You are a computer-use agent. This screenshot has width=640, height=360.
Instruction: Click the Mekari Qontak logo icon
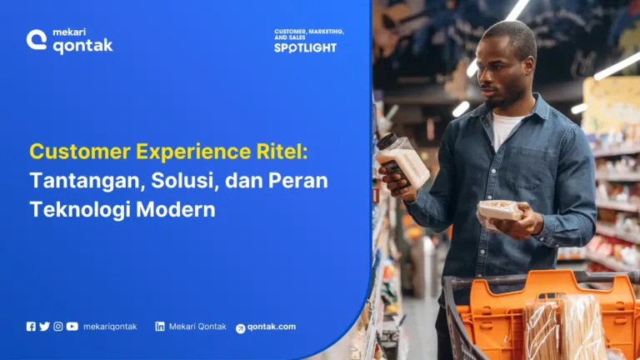[x=37, y=40]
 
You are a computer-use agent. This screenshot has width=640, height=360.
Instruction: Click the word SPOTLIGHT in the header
[x=305, y=48]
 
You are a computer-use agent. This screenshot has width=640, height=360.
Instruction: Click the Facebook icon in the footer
[x=31, y=327]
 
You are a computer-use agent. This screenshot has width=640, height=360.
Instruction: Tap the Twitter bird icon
[x=44, y=327]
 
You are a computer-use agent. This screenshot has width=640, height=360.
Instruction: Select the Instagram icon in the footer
[x=58, y=327]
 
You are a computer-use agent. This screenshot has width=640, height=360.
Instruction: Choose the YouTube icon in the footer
[x=72, y=327]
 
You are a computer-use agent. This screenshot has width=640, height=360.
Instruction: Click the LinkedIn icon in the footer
[x=160, y=327]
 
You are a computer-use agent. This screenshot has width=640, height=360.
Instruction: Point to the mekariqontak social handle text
[x=110, y=327]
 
